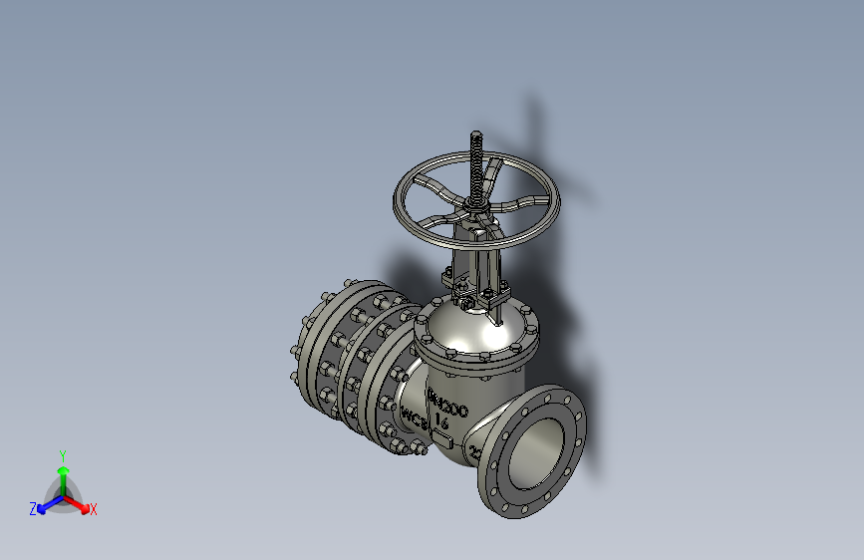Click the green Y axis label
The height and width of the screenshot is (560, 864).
(62, 454)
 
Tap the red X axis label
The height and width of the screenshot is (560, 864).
(94, 509)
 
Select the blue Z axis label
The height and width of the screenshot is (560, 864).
(33, 508)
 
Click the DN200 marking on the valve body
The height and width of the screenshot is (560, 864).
(447, 404)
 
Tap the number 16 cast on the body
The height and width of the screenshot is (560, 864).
(441, 422)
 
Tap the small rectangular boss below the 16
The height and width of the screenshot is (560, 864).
(443, 441)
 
